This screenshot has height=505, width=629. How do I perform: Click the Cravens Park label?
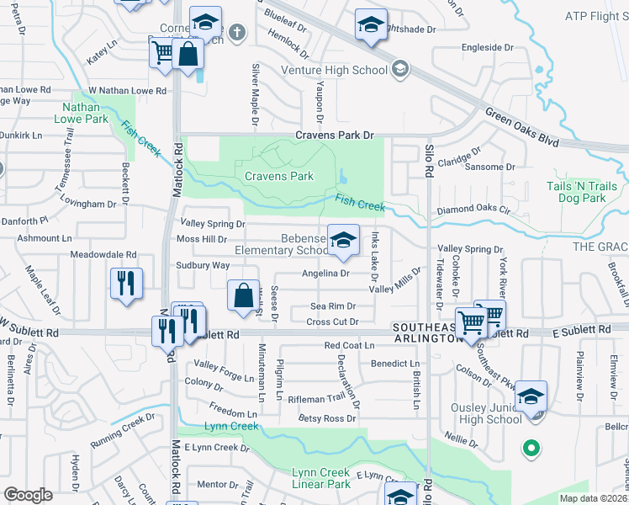tap(278, 177)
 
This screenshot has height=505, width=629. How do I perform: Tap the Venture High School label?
tap(334, 70)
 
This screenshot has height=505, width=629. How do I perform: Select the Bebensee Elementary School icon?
tap(342, 242)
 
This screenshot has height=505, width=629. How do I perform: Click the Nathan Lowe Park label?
tap(85, 114)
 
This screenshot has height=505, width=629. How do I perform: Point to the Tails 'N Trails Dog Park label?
tap(593, 192)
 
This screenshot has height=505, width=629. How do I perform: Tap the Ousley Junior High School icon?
tap(531, 396)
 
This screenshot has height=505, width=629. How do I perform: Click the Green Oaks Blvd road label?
tap(521, 127)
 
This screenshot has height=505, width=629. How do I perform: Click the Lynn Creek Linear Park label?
tap(320, 478)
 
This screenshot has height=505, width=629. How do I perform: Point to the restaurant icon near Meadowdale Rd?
tap(126, 284)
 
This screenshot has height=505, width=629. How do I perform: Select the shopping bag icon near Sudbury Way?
tap(243, 296)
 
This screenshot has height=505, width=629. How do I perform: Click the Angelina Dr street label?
tap(325, 274)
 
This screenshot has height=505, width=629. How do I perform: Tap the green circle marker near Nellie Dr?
tap(531, 449)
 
